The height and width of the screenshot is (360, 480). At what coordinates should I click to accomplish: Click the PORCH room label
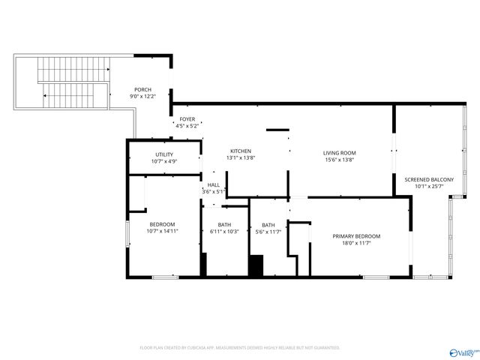pos(142,89)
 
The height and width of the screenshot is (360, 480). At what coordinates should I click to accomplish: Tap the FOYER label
pos(187,119)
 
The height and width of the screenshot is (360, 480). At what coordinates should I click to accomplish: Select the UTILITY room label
pos(164,154)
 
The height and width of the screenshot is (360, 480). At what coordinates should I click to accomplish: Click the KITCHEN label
pos(240,151)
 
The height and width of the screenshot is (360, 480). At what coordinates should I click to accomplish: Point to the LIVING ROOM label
pos(339,152)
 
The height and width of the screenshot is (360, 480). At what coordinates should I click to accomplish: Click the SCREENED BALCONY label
pos(429,180)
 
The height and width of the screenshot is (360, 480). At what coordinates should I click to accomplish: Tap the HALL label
pos(214,184)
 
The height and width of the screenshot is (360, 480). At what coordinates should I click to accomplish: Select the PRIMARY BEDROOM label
pos(356,236)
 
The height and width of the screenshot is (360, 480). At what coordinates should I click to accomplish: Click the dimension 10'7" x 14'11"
pos(163,232)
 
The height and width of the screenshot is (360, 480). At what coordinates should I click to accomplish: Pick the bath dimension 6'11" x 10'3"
pos(225,232)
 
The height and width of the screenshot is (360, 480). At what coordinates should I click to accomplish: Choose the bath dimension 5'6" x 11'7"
pos(268,232)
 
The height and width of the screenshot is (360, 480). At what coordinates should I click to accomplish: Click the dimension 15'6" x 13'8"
pos(339,159)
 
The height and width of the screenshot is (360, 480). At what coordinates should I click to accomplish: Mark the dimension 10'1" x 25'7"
pos(429,187)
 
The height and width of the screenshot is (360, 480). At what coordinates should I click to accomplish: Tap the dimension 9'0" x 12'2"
pos(142,96)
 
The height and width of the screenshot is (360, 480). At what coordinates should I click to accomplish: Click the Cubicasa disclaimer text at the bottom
pos(240,348)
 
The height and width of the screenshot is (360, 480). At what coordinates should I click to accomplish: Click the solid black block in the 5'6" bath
pos(256,266)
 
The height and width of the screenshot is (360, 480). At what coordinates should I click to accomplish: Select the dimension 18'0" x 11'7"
pos(356,243)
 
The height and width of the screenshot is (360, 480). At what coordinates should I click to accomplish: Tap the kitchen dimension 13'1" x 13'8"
pos(240,157)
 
